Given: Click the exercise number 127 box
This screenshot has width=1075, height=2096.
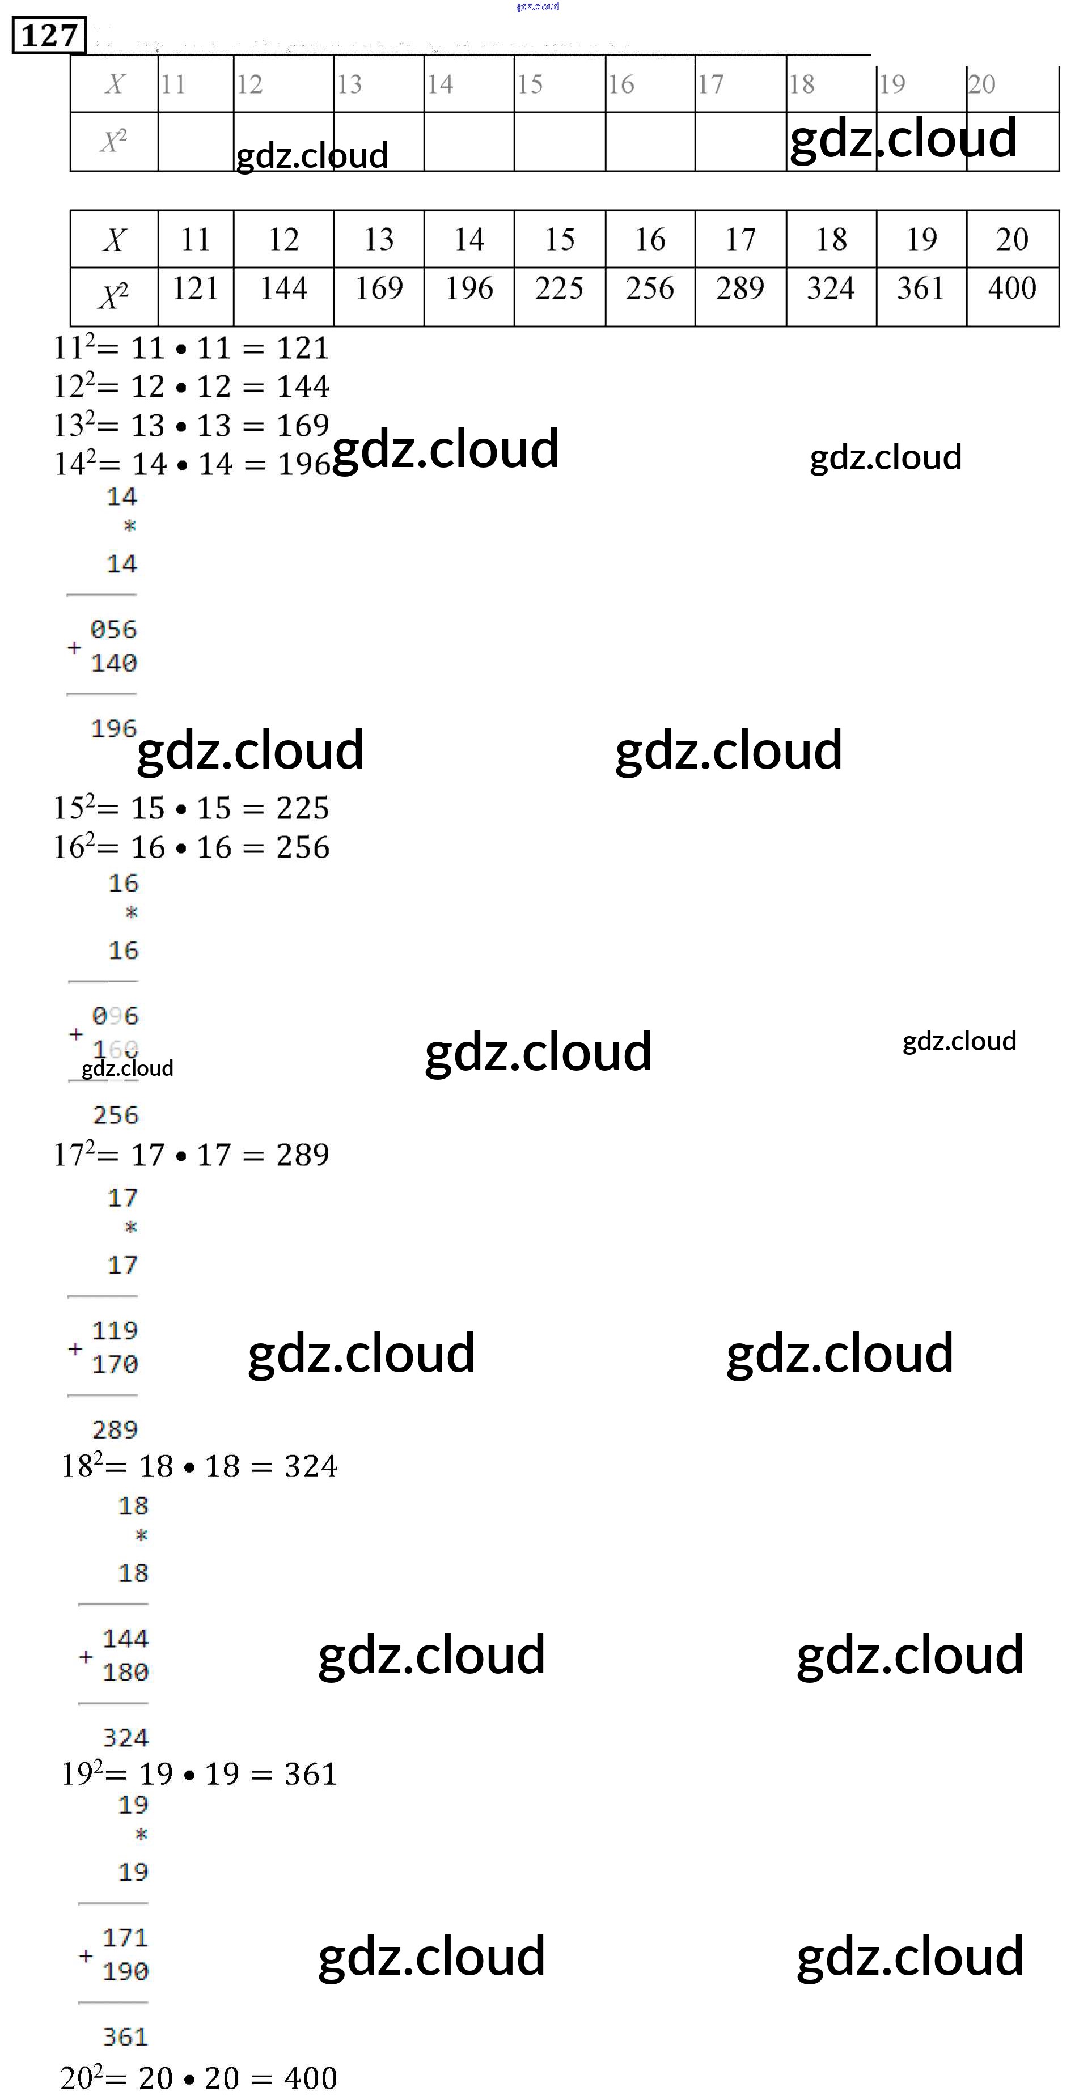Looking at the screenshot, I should (49, 36).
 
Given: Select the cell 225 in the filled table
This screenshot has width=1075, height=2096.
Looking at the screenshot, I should (559, 289).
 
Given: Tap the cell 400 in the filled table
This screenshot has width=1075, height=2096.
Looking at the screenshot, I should (1011, 289).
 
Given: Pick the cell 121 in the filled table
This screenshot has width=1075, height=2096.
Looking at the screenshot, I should (195, 289).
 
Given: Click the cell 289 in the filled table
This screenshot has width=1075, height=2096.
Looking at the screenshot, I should (740, 289).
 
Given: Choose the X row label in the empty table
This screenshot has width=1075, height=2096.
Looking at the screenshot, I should (115, 84).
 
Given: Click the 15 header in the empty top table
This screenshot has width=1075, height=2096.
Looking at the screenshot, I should (531, 84).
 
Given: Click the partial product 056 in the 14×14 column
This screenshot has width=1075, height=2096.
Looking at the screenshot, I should (113, 630).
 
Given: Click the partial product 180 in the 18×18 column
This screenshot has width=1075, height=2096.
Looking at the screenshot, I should (125, 1672).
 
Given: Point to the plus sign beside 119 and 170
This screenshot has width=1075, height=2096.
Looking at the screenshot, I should (75, 1348).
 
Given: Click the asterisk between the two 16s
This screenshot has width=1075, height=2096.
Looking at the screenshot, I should (131, 913).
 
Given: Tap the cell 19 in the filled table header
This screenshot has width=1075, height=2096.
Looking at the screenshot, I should (921, 239).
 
